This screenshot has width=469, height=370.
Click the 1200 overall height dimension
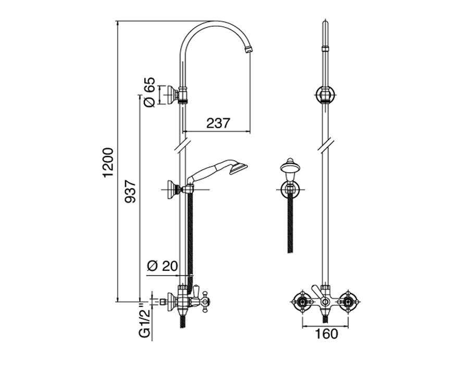click(108, 162)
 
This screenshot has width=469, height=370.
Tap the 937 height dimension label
click(130, 192)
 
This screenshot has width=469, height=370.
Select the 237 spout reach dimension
click(218, 123)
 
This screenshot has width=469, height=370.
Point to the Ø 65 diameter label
click(150, 92)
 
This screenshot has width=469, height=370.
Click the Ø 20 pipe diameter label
click(163, 266)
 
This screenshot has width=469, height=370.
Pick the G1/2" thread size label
click(145, 320)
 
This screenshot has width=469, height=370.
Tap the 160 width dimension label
click(326, 334)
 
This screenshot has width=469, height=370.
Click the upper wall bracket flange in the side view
click(171, 95)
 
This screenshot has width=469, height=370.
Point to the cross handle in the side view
click(205, 302)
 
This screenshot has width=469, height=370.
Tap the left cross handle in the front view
click(302, 302)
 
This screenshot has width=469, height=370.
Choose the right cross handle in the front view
click(348, 302)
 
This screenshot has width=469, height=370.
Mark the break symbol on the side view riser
click(181, 145)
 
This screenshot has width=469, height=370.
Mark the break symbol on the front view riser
click(325, 145)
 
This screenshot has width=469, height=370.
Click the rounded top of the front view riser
click(325, 24)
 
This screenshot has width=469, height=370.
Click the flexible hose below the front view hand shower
click(290, 223)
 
